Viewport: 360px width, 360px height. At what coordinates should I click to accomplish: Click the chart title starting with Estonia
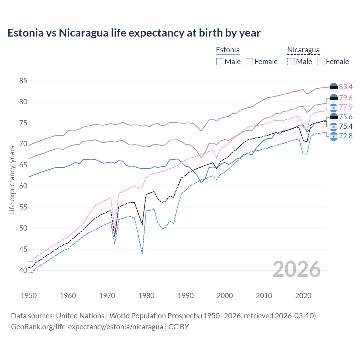pos(134,33)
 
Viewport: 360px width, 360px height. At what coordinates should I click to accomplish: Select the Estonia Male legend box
pos(220,62)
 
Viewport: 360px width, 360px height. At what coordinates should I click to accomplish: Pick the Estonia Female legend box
pos(249,62)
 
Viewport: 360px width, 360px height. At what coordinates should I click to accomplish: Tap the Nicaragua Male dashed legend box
pos(291,62)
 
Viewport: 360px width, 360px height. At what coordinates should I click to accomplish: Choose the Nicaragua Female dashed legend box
pos(321,62)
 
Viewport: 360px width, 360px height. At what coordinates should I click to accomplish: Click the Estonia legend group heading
pos(228,50)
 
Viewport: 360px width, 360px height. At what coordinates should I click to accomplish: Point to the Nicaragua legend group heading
pos(303,50)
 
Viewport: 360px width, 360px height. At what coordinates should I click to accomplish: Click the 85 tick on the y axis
pos(23,81)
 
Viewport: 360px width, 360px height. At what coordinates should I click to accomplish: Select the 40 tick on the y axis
pos(23,270)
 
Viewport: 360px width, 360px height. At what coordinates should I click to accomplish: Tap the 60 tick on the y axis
pos(23,186)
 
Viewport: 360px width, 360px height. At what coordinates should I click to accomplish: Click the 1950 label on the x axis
pos(29,296)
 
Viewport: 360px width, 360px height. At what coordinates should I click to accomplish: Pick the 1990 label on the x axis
pos(186,296)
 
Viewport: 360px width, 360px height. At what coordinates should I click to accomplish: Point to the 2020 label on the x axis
pos(303,296)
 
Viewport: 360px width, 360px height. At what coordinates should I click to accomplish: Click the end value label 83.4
pos(346,87)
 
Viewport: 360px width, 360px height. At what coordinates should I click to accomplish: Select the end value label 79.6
pos(346,98)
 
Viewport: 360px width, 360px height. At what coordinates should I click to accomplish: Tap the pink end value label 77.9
pos(346,107)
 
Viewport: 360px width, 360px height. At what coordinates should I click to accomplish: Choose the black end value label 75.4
pos(346,127)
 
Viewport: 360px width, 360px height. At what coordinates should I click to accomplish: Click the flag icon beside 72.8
pos(334,136)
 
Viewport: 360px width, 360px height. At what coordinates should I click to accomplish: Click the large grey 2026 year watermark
pos(296,269)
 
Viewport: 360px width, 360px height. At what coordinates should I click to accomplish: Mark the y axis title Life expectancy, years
pos(12,180)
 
